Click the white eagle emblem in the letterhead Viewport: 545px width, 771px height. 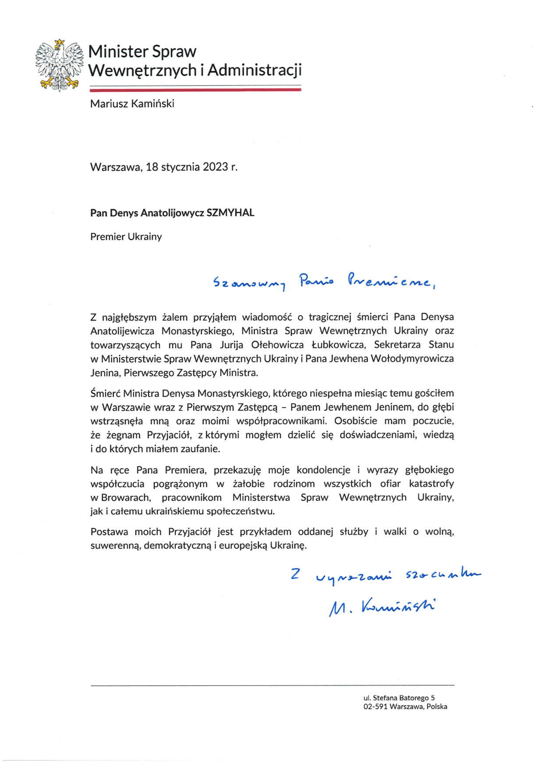click(59, 65)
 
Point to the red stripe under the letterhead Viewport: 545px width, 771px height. click(195, 90)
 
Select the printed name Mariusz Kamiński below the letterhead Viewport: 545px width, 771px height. click(132, 104)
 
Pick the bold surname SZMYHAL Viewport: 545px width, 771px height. click(231, 213)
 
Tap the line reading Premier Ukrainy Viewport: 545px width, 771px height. click(126, 237)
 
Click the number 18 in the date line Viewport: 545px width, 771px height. click(152, 167)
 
